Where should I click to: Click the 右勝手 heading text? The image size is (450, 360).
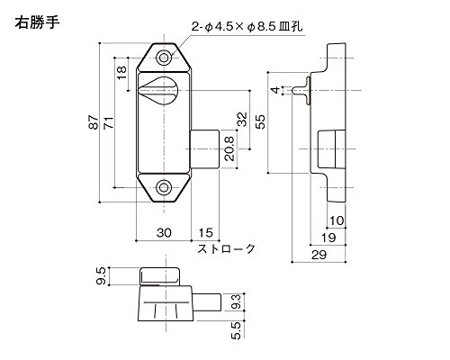[x=37, y=22]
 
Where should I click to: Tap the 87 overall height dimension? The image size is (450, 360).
[x=94, y=122]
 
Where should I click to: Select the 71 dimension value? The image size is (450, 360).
[x=109, y=122]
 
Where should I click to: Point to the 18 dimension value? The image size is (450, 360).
[x=121, y=73]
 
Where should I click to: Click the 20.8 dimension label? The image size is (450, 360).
[x=229, y=148]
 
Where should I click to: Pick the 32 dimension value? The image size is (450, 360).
[x=242, y=120]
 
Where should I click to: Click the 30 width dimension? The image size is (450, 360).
[x=164, y=233]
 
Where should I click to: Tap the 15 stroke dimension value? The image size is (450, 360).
[x=205, y=233]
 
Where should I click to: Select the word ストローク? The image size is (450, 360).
[x=226, y=248]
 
